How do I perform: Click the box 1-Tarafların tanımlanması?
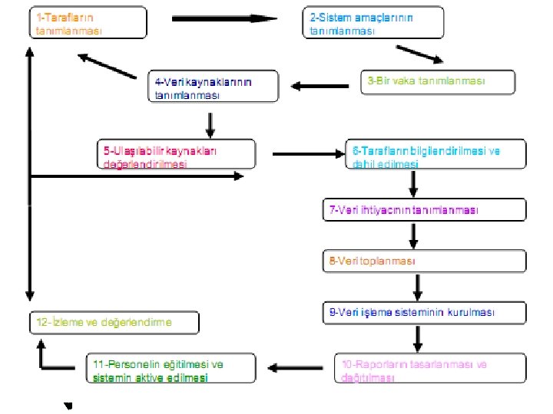(89, 22)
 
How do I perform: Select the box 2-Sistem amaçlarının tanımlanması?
(371, 22)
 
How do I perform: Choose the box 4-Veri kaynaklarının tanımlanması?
(214, 87)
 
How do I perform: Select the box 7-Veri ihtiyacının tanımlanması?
(424, 210)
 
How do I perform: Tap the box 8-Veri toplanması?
(424, 261)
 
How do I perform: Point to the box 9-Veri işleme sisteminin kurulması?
(424, 313)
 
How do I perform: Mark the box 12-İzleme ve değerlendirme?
(114, 323)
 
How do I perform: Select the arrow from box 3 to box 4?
(317, 86)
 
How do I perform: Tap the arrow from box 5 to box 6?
(306, 154)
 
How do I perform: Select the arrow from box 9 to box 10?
(419, 338)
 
